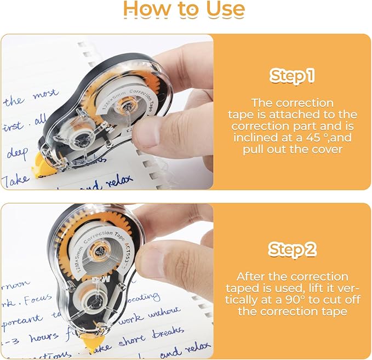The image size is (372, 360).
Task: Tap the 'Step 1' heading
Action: pos(292,76)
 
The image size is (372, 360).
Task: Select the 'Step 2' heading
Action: pos(292,250)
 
